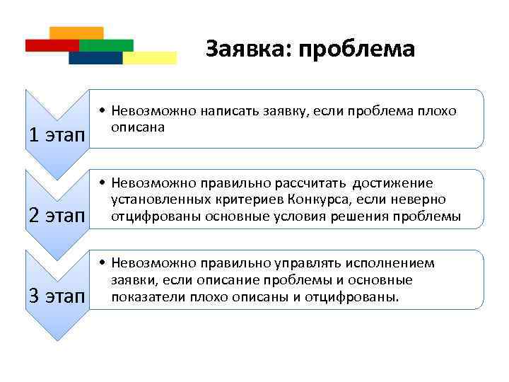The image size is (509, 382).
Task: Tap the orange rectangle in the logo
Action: (x=77, y=33)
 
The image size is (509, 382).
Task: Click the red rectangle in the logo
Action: (x=51, y=45)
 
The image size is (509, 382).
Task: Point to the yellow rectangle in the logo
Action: (x=151, y=57)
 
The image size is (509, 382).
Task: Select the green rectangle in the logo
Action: (x=107, y=45)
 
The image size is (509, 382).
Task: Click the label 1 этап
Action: (x=55, y=134)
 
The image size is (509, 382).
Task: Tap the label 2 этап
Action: (x=55, y=215)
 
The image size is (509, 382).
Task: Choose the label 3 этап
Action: (x=55, y=296)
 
